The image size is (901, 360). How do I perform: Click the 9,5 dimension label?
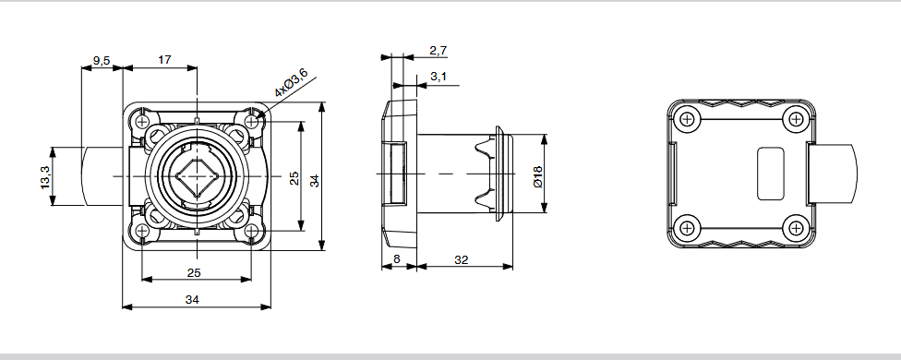point(102,60)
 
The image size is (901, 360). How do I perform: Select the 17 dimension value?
point(164,60)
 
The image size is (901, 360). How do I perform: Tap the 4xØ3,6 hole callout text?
point(291,82)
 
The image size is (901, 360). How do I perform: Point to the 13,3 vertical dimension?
point(46,177)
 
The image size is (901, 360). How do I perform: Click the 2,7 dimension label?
point(438,51)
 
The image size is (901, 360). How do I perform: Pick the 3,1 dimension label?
point(438,77)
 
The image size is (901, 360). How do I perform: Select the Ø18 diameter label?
point(537,177)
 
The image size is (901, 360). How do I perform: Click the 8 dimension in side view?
point(396,259)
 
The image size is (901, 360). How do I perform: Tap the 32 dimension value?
point(462,259)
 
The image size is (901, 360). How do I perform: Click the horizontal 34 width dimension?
point(192,299)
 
